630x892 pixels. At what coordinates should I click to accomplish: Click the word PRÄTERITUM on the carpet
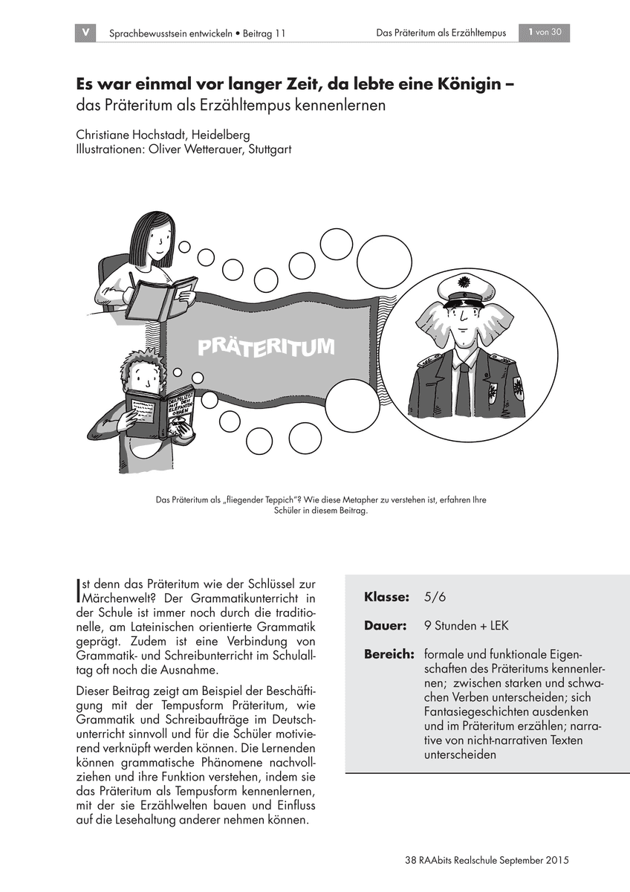[x=265, y=346]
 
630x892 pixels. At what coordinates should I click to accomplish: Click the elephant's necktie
[x=463, y=387]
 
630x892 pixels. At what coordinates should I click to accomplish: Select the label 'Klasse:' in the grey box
[x=386, y=598]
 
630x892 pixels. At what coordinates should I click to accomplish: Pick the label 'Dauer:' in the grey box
[x=385, y=626]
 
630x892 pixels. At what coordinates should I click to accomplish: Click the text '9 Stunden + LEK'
[x=467, y=626]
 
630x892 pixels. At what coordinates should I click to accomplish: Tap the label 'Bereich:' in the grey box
[x=389, y=654]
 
